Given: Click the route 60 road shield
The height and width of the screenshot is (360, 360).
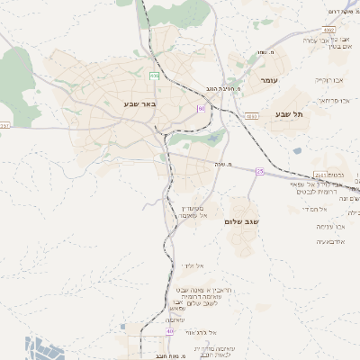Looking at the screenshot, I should pyautogui.click(x=202, y=109).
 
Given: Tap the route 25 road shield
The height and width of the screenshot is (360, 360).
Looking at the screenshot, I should pyautogui.click(x=259, y=171).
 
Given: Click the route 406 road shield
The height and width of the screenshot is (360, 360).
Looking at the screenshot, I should pyautogui.click(x=154, y=75).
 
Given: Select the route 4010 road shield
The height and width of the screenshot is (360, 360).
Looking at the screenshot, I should pyautogui.click(x=251, y=116).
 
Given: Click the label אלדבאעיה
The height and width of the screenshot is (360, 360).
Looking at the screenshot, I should pyautogui.click(x=333, y=242).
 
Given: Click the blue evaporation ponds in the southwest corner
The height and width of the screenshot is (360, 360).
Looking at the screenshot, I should pyautogui.click(x=40, y=348).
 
